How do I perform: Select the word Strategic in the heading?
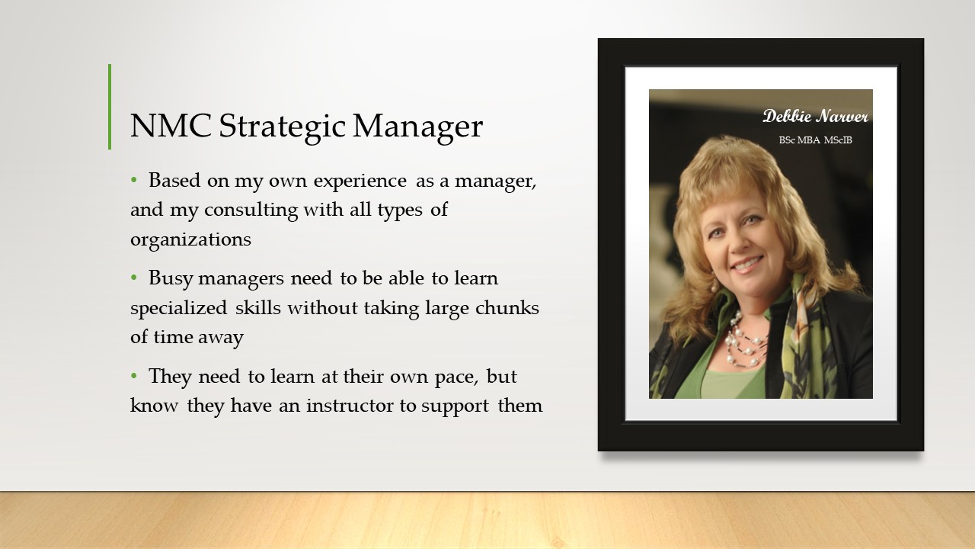tap(282, 127)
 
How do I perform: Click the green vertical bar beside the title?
tap(110, 107)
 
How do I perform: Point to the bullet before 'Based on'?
tap(133, 180)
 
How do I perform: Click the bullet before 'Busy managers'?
tap(133, 278)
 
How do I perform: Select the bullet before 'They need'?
tap(133, 376)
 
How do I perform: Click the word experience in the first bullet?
tap(360, 181)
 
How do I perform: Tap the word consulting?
tap(251, 210)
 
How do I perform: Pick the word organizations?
tap(190, 240)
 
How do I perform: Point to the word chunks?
tap(507, 307)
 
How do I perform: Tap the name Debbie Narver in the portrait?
tap(815, 117)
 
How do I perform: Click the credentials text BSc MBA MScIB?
tap(815, 140)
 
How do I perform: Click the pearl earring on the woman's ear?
tap(714, 286)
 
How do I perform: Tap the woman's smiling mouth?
tap(748, 264)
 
